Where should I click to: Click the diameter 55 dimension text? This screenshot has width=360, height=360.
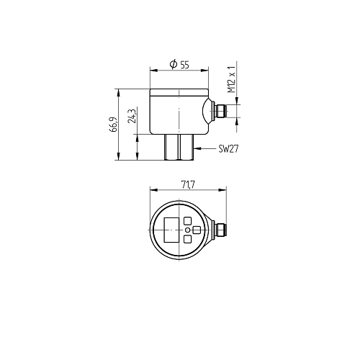coord(179,64)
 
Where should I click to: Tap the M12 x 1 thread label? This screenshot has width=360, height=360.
coord(232,79)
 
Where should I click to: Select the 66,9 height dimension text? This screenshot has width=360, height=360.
coord(113,125)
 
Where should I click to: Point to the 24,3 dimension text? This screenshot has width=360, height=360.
coord(132,116)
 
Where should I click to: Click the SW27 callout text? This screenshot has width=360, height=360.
coord(228,149)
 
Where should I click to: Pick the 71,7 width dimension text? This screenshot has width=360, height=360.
coord(188,185)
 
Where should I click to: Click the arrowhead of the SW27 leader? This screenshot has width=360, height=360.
coord(197,149)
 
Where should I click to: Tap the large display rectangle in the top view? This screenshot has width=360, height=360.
coord(171,230)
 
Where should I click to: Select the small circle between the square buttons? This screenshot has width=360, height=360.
coord(188,230)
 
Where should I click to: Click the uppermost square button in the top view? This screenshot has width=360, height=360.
coord(188,221)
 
